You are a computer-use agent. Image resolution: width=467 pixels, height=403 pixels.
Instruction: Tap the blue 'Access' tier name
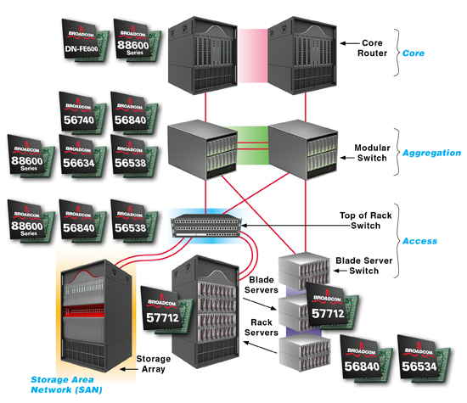coord(419,241)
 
